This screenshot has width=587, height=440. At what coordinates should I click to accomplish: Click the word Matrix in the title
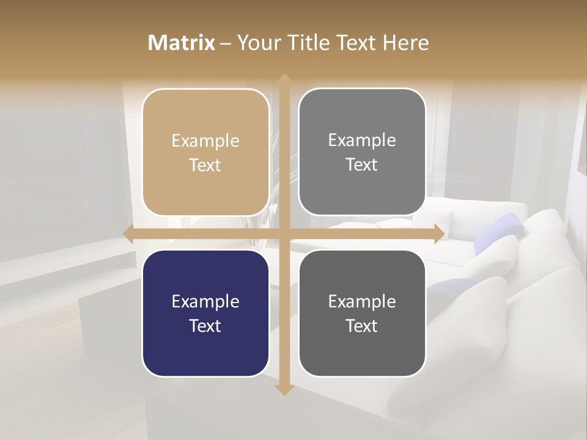(182, 43)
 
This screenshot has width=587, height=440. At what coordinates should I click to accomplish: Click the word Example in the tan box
(205, 141)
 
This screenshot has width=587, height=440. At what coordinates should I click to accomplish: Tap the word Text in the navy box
(205, 326)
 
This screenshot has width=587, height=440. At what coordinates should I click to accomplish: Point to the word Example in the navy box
(205, 302)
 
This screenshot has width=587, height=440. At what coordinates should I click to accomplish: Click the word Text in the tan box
(205, 166)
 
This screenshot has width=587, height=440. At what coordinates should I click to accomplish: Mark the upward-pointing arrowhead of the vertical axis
(284, 80)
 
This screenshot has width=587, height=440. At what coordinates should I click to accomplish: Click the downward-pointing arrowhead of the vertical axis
(284, 389)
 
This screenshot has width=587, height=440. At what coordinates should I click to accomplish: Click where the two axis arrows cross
(284, 234)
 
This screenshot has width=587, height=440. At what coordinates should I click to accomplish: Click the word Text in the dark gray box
(362, 326)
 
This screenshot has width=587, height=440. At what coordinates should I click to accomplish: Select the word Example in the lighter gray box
(362, 141)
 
